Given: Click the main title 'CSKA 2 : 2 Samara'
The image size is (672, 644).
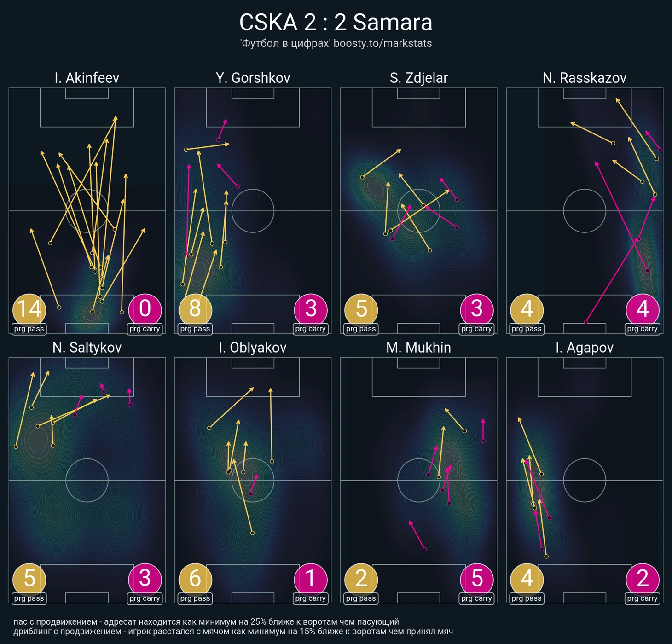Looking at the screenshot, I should [x=336, y=23].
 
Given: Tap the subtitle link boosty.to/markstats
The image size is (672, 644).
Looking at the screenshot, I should [x=382, y=44].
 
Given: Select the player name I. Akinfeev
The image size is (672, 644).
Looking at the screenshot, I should [x=87, y=78].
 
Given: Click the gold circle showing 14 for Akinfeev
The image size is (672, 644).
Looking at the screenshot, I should [x=29, y=309].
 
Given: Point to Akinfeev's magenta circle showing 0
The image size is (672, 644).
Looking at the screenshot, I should [x=145, y=309].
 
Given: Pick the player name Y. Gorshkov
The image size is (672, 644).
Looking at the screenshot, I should [x=253, y=78].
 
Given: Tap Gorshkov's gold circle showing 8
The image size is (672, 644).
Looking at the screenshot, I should [x=195, y=309].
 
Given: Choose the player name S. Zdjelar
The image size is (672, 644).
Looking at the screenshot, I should [x=418, y=78].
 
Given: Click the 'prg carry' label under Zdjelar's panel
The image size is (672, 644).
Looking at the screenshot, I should [x=477, y=329].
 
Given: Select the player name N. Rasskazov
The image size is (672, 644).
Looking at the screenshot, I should [x=584, y=78].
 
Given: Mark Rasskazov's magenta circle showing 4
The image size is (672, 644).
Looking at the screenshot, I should [x=643, y=309].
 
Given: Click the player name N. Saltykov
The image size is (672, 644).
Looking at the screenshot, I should [x=87, y=348].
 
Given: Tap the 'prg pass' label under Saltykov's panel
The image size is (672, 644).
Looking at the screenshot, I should [x=29, y=598].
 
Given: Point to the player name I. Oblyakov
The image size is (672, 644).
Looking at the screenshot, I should [x=253, y=348].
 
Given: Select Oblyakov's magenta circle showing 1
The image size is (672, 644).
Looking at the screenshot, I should [x=311, y=579].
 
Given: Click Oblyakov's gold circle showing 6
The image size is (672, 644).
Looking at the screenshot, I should [x=195, y=579].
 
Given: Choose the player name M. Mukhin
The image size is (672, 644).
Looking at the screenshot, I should [x=418, y=348].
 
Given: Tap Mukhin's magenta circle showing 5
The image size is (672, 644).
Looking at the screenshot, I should [x=477, y=579].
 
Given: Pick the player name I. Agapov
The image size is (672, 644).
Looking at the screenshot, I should [x=584, y=348].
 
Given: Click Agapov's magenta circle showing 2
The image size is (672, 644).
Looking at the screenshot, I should [x=643, y=579].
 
